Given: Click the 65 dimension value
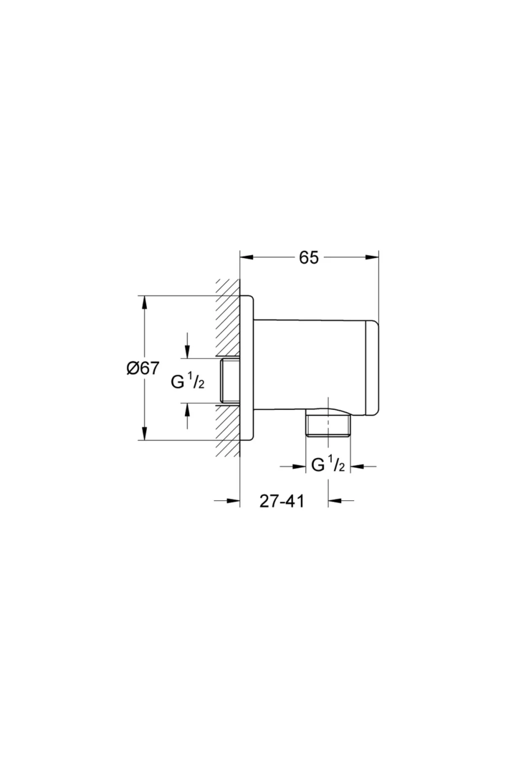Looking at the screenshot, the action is (x=309, y=257).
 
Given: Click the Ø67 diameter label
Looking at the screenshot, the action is (x=143, y=368).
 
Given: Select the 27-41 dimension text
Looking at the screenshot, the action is (x=282, y=501).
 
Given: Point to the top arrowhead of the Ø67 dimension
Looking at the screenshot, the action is (x=144, y=303).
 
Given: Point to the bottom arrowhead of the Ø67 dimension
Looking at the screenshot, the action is (x=144, y=433).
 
